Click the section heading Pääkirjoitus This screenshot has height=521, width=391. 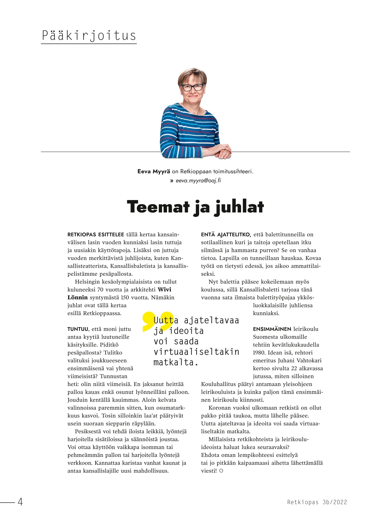[89, 36]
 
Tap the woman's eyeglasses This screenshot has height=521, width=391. [192, 87]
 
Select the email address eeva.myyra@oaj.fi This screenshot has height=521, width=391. [198, 181]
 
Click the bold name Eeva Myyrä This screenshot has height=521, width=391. [154, 171]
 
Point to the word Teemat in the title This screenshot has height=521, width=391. [158, 207]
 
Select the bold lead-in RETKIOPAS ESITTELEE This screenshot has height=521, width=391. [96, 235]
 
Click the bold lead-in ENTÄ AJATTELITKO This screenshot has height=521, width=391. [226, 235]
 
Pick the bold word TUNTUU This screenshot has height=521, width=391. [78, 329]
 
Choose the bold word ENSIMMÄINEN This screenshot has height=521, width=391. [272, 329]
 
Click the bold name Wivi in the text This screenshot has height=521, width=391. [164, 290]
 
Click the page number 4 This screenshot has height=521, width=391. [20, 501]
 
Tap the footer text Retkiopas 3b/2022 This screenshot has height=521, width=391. [317, 502]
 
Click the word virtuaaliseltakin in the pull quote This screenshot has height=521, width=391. [196, 352]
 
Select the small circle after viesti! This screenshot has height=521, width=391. [221, 471]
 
